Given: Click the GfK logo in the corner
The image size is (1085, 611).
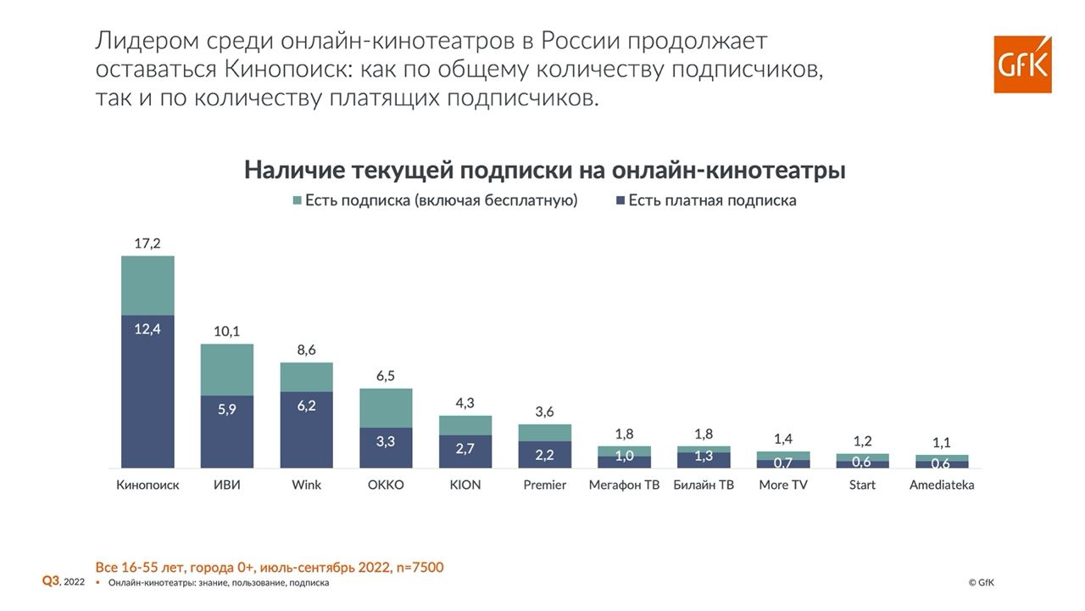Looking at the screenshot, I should click(x=1022, y=64).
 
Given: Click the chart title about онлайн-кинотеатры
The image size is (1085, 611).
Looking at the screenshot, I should click(x=544, y=170).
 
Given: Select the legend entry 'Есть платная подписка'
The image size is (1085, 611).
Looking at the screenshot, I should click(x=705, y=201).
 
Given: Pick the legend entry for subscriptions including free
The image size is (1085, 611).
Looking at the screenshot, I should click(x=434, y=201).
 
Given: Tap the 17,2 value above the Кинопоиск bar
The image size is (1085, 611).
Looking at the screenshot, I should click(x=147, y=244).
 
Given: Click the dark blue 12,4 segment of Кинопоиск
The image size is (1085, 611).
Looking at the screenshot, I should click(x=147, y=390).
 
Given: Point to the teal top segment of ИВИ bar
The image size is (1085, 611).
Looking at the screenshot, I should click(x=227, y=369).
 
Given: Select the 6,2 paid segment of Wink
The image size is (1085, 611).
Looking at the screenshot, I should click(x=306, y=429).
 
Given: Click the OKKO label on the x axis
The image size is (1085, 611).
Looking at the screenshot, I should click(x=386, y=485).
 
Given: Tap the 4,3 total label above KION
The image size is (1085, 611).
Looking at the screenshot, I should click(x=465, y=403).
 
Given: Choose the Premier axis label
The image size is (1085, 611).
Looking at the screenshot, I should click(x=544, y=485).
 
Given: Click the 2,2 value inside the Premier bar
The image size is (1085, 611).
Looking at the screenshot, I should click(x=544, y=455).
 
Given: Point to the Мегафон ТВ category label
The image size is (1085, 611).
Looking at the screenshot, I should click(x=624, y=485).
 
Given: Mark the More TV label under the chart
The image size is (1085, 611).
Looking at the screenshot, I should click(x=782, y=485).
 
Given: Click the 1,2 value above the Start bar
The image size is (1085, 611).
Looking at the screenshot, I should click(x=862, y=441).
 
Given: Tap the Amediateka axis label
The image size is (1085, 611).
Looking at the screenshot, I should click(x=942, y=485).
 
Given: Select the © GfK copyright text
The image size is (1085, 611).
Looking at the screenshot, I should click(x=981, y=583).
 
